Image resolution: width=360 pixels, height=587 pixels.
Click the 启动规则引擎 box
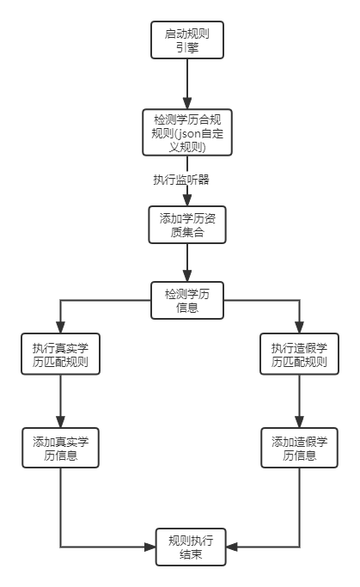[x=187, y=40]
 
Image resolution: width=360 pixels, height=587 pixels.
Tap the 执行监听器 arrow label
[x=181, y=180]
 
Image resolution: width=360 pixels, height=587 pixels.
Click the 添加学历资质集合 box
[x=187, y=224]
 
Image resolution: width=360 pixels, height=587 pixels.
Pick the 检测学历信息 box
[x=187, y=300]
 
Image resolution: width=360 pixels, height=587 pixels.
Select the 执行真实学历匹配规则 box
[x=60, y=354]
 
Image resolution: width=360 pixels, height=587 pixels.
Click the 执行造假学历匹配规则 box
[x=299, y=354]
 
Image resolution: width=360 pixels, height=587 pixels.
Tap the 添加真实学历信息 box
[x=60, y=448]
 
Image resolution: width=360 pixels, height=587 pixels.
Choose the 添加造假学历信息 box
[x=299, y=448]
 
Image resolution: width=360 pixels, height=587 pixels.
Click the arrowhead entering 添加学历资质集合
[x=187, y=199]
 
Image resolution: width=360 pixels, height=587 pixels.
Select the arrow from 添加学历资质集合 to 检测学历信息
[x=187, y=262]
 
